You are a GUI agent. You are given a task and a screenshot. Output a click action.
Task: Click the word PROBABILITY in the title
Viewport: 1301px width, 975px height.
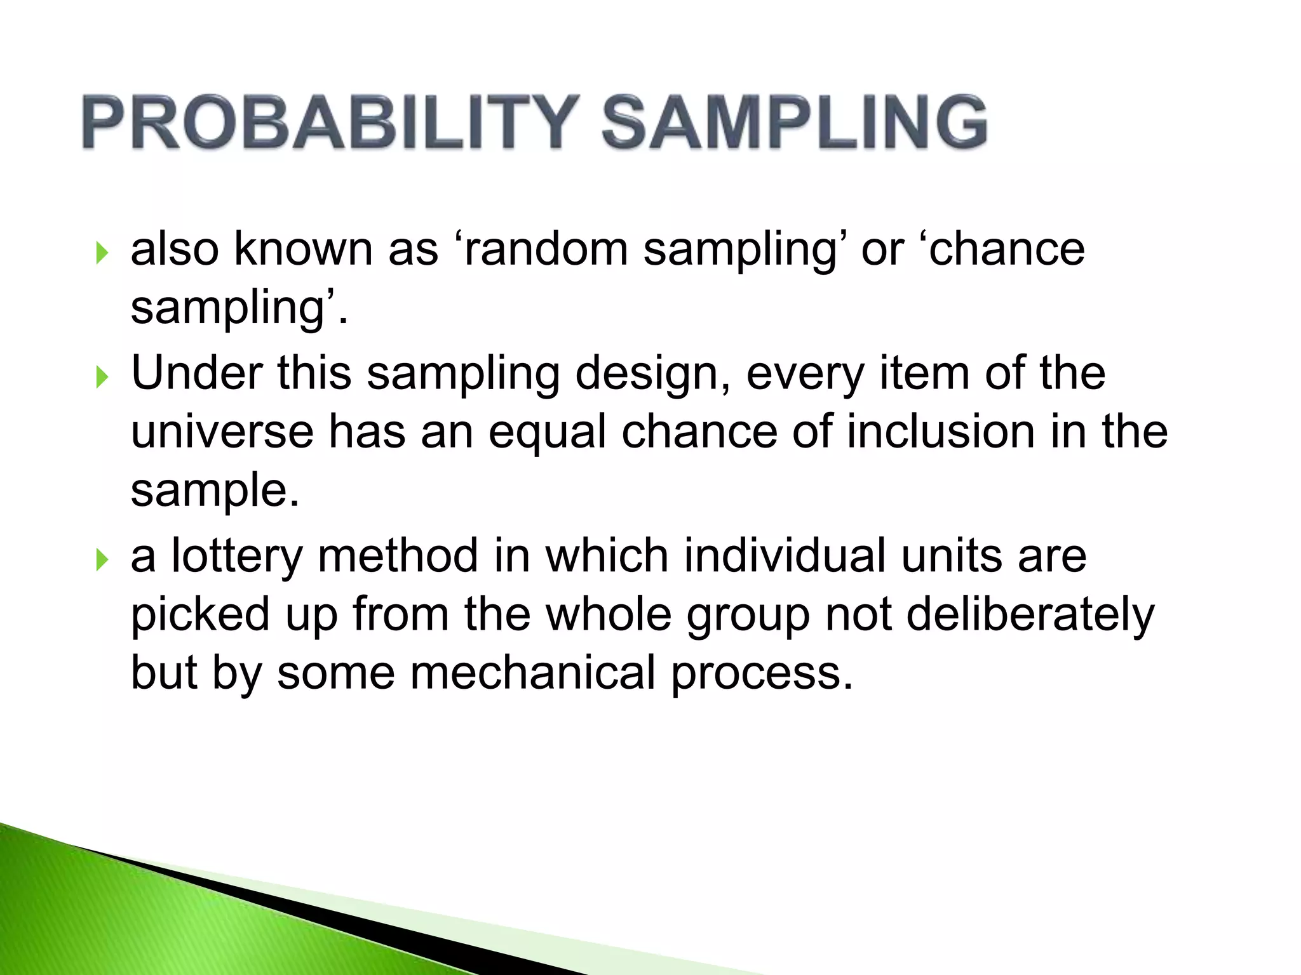[x=330, y=122]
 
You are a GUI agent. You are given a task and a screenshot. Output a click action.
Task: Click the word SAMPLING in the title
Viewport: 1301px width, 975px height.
[x=794, y=122]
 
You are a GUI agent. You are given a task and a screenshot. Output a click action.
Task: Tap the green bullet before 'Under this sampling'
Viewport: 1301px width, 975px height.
[x=102, y=377]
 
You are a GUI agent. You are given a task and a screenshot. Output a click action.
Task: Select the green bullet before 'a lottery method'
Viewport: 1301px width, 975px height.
[x=102, y=560]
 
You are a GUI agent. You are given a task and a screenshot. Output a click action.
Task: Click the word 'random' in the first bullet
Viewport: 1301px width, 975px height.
[x=545, y=249]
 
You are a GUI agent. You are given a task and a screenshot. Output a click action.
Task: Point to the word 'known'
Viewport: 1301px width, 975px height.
[x=304, y=249]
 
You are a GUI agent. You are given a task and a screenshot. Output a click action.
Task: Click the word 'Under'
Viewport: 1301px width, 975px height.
[x=196, y=373]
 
